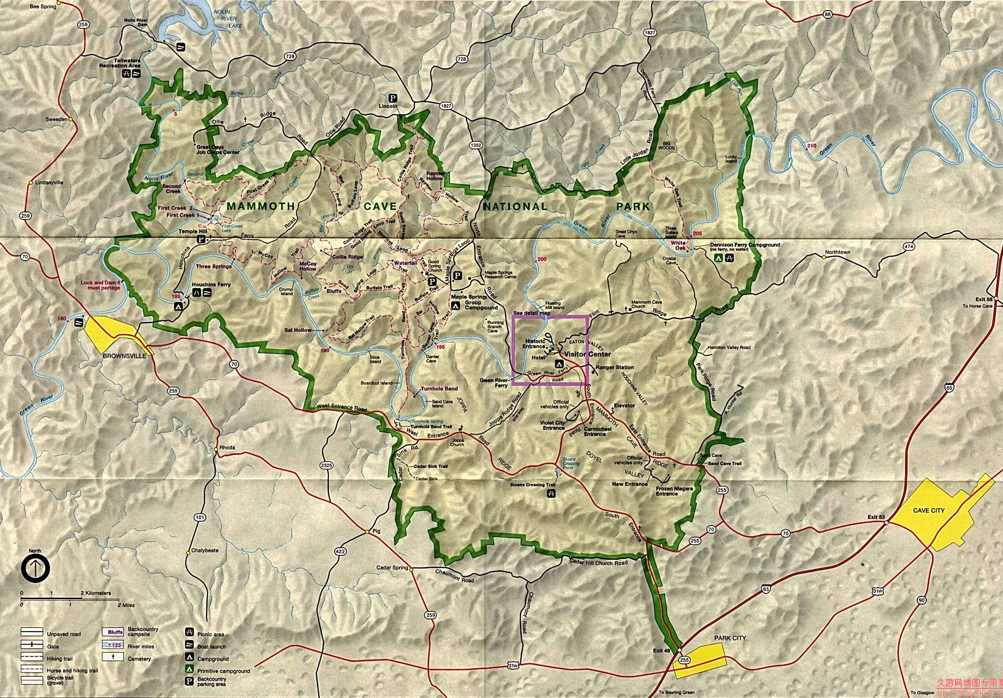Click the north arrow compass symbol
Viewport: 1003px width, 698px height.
35,569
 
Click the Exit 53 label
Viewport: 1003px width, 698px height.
876,517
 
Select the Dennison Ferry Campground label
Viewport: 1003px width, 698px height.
745,245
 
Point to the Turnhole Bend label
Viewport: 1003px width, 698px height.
439,389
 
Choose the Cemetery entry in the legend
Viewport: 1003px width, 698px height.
139,658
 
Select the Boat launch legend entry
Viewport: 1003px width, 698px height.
211,646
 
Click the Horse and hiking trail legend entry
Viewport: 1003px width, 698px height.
72,671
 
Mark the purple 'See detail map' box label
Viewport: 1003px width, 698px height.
531,313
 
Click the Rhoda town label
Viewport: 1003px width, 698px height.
227,448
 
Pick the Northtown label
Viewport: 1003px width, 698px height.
837,252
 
